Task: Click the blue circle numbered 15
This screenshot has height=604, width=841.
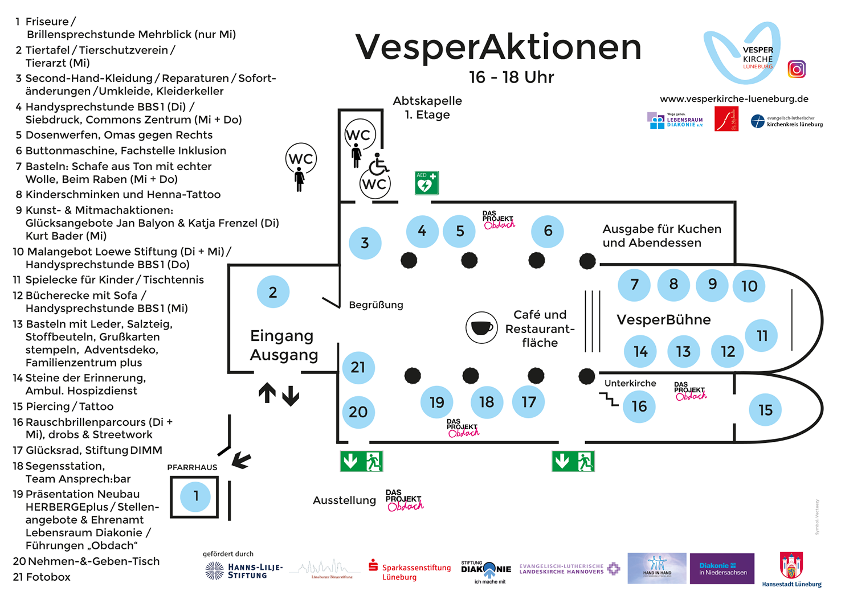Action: point(765,410)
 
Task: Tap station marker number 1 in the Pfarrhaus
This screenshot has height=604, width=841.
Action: point(195,496)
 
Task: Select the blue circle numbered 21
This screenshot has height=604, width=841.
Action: point(358,367)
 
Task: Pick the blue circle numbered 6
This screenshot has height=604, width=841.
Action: point(548,231)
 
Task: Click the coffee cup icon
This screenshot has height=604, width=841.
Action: point(481,327)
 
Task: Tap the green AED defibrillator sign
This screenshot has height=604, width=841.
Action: point(427,183)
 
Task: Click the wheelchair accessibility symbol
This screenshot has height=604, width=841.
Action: point(378,165)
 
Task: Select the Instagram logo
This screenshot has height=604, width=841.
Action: point(797,69)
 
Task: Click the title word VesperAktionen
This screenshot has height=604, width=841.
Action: point(498,47)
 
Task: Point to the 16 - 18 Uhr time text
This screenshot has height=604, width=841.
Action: point(511,77)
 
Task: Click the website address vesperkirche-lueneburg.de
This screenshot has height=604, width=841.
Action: point(734,99)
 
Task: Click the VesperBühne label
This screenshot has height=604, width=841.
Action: point(663,319)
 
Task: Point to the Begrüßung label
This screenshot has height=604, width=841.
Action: point(375,305)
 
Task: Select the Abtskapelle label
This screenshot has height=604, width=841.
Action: point(427,101)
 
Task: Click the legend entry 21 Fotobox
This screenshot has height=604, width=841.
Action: point(42,577)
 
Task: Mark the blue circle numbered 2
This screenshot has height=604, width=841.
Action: point(273,292)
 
